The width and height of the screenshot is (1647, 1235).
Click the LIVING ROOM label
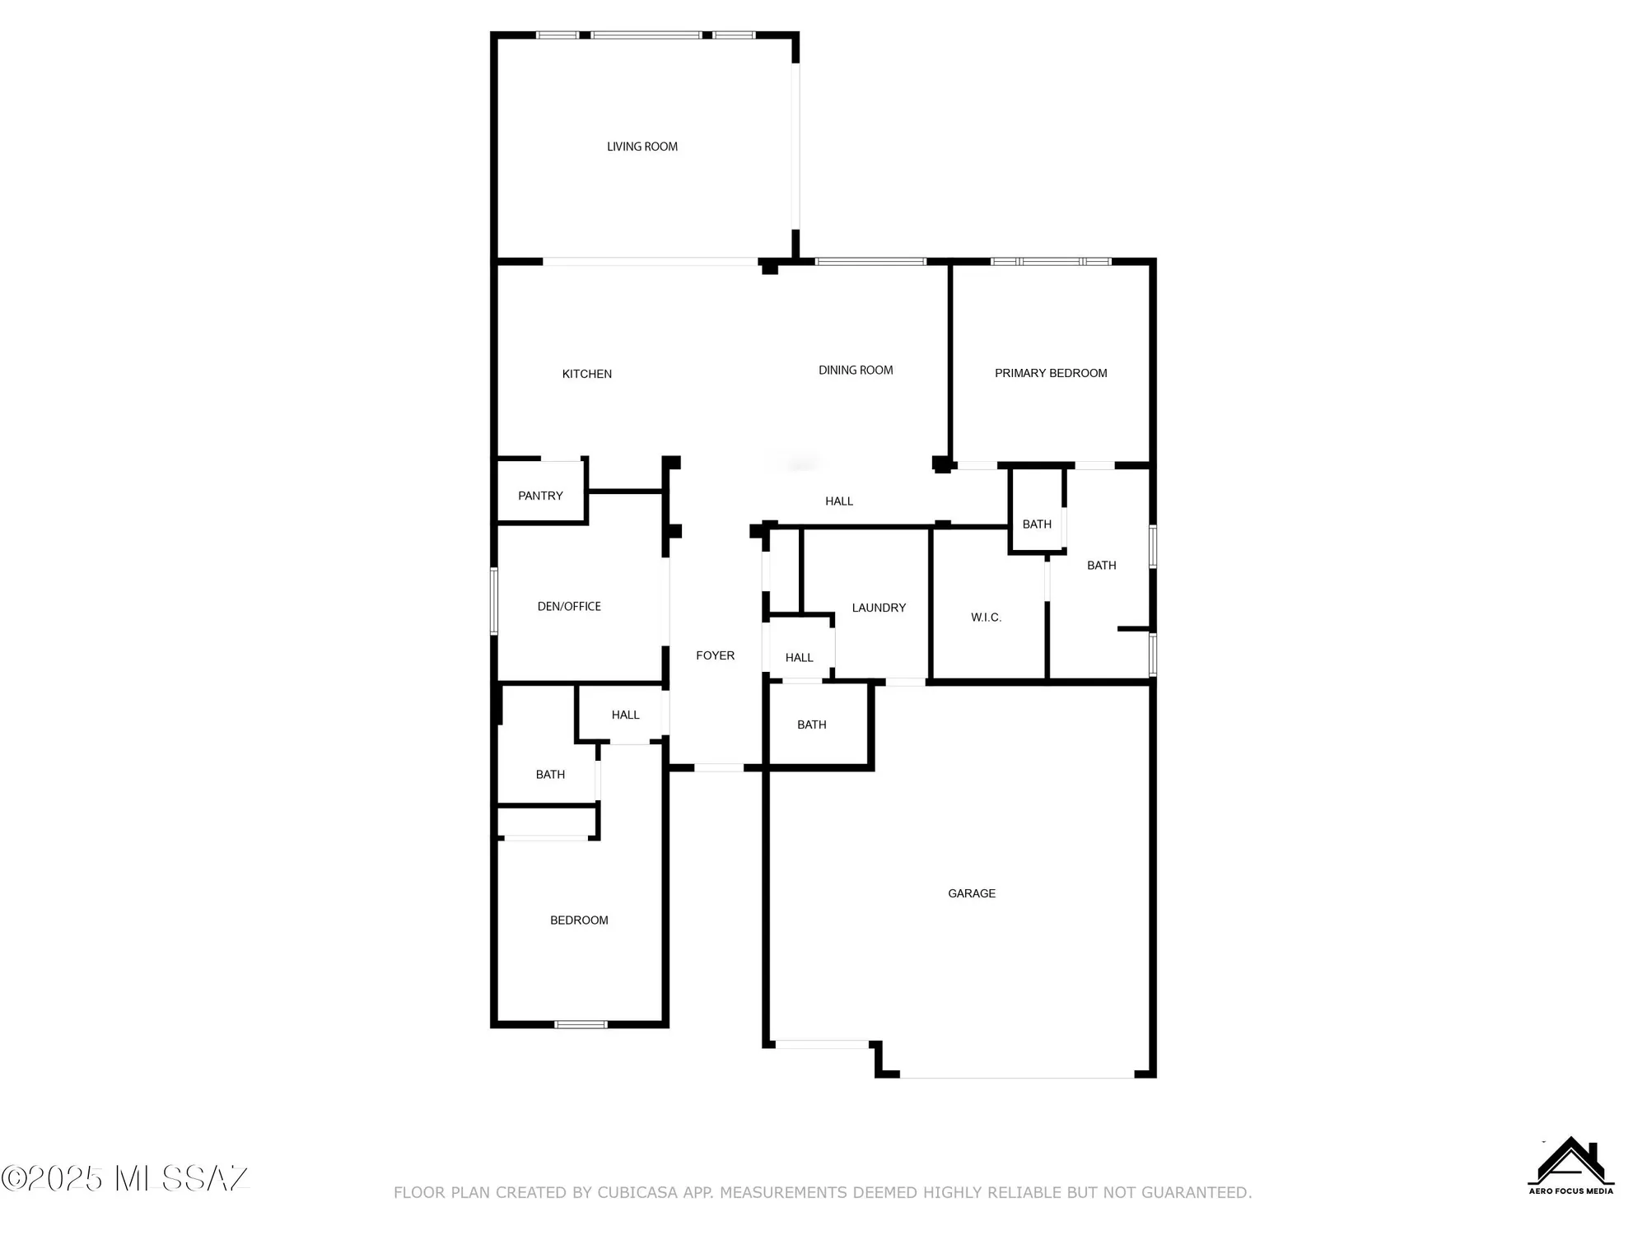point(642,147)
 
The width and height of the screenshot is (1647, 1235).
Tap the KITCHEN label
point(586,374)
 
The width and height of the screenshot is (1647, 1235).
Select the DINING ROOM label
point(856,370)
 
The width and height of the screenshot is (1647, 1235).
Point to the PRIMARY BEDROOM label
point(1051,373)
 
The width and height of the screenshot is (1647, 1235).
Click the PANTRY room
point(540,496)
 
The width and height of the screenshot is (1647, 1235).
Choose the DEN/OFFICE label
point(569,607)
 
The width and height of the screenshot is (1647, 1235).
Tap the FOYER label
point(715,655)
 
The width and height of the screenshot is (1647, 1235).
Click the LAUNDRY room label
point(879,608)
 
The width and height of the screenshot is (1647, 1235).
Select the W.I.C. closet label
point(986,617)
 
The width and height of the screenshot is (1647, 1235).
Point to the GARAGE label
point(972,893)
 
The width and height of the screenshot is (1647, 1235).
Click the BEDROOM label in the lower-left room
point(579,920)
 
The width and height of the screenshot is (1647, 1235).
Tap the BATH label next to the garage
point(811,725)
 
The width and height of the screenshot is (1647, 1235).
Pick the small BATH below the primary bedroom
point(1037,524)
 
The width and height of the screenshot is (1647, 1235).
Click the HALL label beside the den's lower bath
point(625,715)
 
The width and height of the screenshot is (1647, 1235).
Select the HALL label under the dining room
point(839,501)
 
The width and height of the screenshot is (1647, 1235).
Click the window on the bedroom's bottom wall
point(581,1024)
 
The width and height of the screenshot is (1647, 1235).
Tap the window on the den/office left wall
point(494,600)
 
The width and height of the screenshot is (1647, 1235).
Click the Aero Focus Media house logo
point(1570,1164)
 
